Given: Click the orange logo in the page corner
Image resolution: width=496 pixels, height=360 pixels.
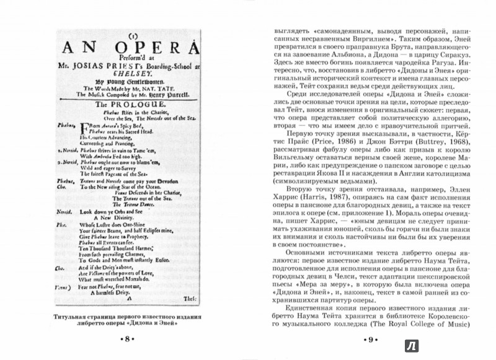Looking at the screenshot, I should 480,345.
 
